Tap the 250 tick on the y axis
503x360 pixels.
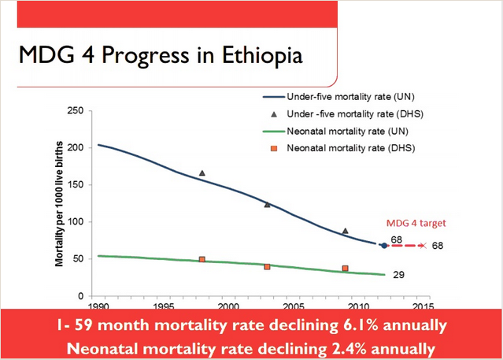(77, 110)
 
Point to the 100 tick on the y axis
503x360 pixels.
(77, 222)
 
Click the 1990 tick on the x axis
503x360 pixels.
(98, 306)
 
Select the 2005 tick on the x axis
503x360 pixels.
(294, 306)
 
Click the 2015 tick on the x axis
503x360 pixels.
(423, 306)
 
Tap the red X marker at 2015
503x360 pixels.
(423, 246)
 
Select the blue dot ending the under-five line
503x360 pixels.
(384, 246)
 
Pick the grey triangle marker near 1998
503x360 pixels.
(202, 173)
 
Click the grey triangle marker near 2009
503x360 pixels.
(345, 231)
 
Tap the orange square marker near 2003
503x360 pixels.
(267, 267)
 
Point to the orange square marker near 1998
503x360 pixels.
(202, 259)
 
